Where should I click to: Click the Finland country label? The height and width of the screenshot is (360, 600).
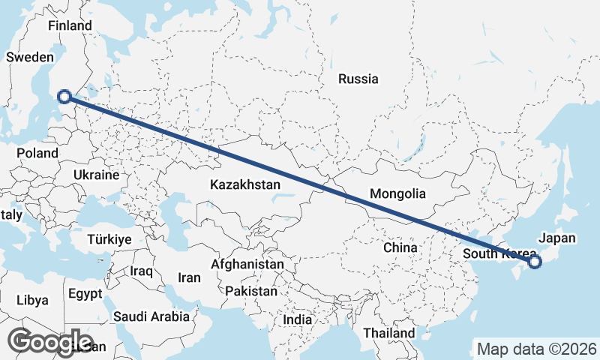click(x=69, y=26)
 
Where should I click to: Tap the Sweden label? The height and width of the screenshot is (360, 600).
click(x=29, y=57)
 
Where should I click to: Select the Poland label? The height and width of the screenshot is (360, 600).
click(x=37, y=153)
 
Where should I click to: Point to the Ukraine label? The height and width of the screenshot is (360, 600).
click(x=95, y=175)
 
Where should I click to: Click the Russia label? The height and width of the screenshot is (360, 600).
click(x=358, y=79)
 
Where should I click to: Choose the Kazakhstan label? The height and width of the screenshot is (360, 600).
click(x=245, y=184)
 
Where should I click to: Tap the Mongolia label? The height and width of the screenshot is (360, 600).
click(x=397, y=193)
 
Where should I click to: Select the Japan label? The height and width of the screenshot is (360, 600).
click(x=557, y=238)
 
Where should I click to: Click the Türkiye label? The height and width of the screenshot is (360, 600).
click(x=109, y=239)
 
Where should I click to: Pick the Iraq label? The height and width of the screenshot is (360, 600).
click(x=141, y=271)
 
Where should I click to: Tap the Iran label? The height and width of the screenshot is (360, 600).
click(x=189, y=277)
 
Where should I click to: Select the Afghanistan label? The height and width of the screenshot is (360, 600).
click(x=247, y=264)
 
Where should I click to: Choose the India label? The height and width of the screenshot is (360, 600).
click(x=298, y=319)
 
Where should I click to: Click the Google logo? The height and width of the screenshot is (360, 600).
click(x=50, y=343)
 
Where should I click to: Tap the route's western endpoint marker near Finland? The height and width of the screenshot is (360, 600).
click(x=64, y=96)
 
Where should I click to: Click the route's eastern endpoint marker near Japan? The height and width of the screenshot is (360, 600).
click(x=534, y=262)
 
